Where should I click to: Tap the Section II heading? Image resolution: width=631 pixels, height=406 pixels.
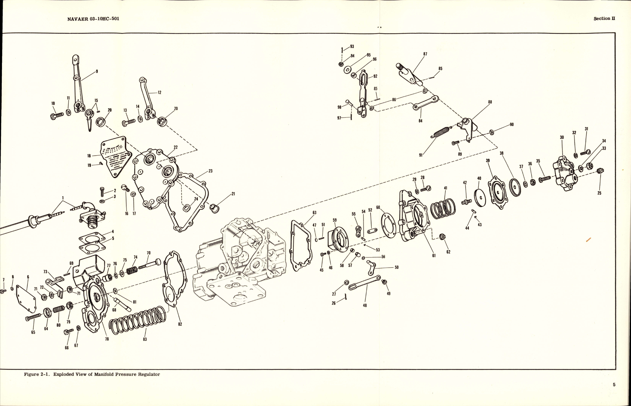(604, 18)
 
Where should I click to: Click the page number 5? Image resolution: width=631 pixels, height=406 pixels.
(614, 385)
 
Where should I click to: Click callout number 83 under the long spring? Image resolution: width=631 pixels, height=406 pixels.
(145, 339)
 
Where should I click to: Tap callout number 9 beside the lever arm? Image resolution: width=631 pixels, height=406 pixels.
(97, 71)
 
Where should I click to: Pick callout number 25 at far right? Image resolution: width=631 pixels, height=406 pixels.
(599, 193)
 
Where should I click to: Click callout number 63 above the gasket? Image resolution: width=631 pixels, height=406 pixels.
(314, 213)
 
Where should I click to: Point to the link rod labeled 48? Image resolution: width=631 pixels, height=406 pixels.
(365, 283)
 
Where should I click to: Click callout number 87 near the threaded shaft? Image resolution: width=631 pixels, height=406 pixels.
(425, 54)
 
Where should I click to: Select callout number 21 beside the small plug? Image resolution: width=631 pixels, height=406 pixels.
(233, 194)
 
